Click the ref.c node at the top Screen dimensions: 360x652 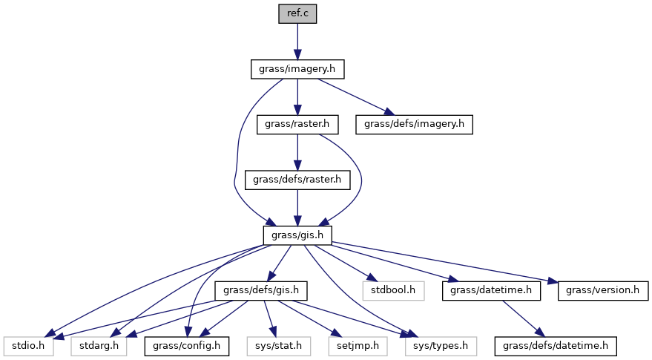(297, 13)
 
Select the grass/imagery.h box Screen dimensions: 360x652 (297, 69)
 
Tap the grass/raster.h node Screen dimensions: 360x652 (297, 124)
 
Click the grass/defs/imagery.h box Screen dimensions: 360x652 (414, 124)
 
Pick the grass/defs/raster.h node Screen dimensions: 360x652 (297, 180)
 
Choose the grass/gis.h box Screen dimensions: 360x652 (297, 235)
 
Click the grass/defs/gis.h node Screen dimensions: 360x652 (260, 290)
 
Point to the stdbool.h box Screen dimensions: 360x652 (394, 290)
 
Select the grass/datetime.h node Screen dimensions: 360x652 (491, 290)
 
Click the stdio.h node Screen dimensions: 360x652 (27, 345)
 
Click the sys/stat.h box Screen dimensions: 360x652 (275, 345)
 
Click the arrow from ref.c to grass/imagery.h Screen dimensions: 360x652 (297, 41)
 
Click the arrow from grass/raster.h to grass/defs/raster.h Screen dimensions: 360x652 (297, 151)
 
